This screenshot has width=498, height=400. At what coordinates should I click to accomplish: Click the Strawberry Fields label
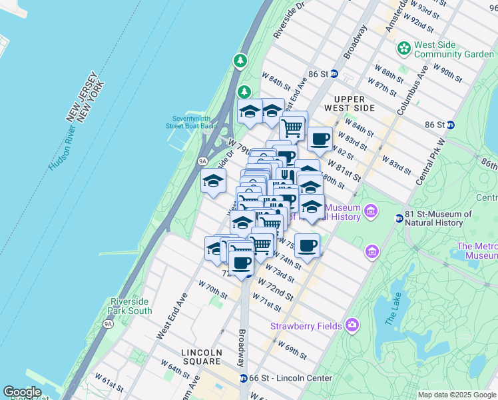point(306,326)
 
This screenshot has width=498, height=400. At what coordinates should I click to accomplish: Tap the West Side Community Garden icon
point(403,48)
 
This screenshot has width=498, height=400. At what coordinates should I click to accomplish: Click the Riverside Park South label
point(131,306)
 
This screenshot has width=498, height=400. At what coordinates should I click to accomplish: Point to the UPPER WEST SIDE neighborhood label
point(350,103)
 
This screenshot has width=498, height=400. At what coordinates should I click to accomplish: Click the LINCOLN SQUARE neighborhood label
point(208,353)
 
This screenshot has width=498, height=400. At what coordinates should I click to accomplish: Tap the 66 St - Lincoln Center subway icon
point(244,378)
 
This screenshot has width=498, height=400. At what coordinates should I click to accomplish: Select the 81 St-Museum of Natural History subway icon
point(399,218)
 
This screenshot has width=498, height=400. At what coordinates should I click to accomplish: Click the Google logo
point(22,392)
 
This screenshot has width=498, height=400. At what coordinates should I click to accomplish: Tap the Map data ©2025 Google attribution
point(456,395)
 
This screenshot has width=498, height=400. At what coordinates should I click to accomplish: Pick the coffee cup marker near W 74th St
point(307,245)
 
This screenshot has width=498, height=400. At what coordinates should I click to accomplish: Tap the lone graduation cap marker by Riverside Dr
point(214,181)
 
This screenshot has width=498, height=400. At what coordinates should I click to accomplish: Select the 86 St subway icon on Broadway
point(334,73)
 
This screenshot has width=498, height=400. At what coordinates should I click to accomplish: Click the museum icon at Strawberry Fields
point(352,326)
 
